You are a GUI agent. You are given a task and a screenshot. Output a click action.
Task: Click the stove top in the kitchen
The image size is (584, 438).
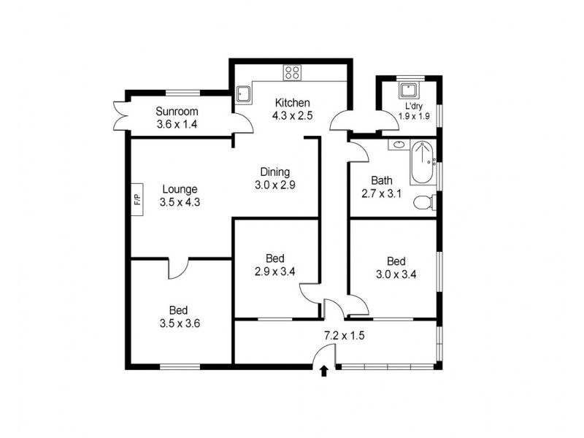tap(293, 72)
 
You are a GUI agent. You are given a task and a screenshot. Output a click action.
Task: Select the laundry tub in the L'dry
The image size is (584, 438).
tap(408, 91)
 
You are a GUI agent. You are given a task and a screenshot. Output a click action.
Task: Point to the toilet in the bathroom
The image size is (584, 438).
tap(423, 201)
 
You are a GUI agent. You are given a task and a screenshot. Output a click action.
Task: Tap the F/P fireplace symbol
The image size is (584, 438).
tap(137, 198)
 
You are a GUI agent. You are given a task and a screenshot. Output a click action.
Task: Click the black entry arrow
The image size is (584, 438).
tap(323, 372)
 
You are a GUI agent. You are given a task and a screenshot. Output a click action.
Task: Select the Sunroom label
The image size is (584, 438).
tap(177, 112)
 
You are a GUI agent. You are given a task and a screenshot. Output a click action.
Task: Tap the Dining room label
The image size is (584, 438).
tap(274, 173)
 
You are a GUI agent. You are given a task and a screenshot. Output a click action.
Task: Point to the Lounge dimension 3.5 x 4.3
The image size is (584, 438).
tap(180, 203)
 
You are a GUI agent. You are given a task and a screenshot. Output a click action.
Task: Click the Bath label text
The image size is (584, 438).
tap(382, 181)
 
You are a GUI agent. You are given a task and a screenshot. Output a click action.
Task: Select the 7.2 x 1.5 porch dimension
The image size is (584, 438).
tap(344, 337)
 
